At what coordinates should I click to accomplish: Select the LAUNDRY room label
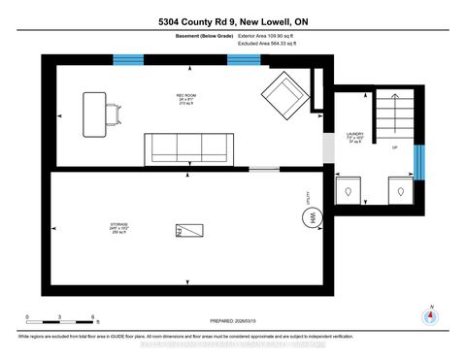pyautogui.click(x=354, y=137)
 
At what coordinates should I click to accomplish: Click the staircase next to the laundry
pyautogui.click(x=392, y=117)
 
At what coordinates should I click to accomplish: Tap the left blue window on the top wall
pyautogui.click(x=127, y=59)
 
